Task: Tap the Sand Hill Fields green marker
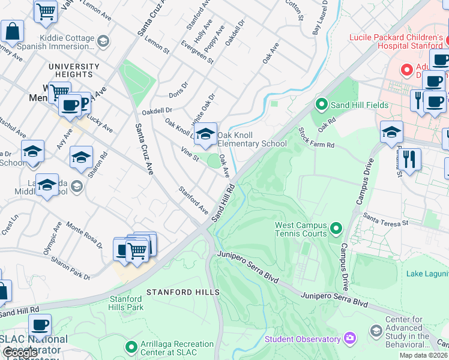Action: (x=321, y=105)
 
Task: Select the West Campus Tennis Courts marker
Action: (x=336, y=228)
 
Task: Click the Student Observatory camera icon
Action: (x=349, y=339)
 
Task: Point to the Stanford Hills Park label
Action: (x=126, y=303)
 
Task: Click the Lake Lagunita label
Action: (x=427, y=274)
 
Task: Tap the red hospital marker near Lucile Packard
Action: (x=408, y=70)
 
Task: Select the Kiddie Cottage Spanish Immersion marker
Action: (x=103, y=41)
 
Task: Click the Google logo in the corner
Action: (x=20, y=353)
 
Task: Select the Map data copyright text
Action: (x=423, y=355)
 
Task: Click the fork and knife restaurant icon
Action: (x=410, y=160)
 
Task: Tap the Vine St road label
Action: (x=189, y=155)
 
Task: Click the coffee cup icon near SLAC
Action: (x=40, y=326)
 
